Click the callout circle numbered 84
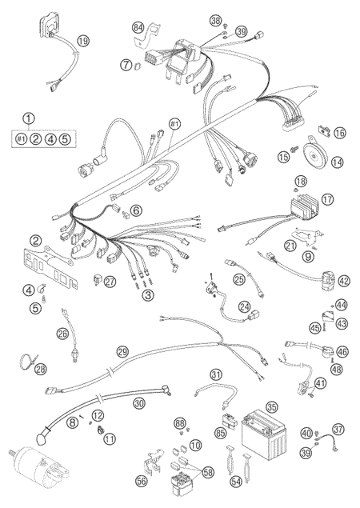(x=138, y=28)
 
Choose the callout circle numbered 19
(x=83, y=41)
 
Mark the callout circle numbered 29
(x=123, y=352)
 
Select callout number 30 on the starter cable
(x=139, y=403)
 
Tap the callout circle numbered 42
(x=344, y=281)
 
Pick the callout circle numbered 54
(x=236, y=482)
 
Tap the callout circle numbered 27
(x=110, y=282)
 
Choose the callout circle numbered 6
(x=136, y=211)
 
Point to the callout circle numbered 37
(x=338, y=430)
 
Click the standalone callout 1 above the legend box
(x=28, y=118)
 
